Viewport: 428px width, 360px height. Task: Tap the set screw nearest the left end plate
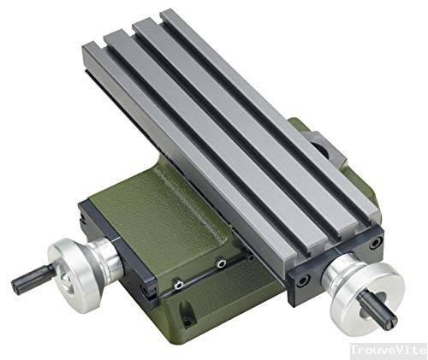pos(178,283)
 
